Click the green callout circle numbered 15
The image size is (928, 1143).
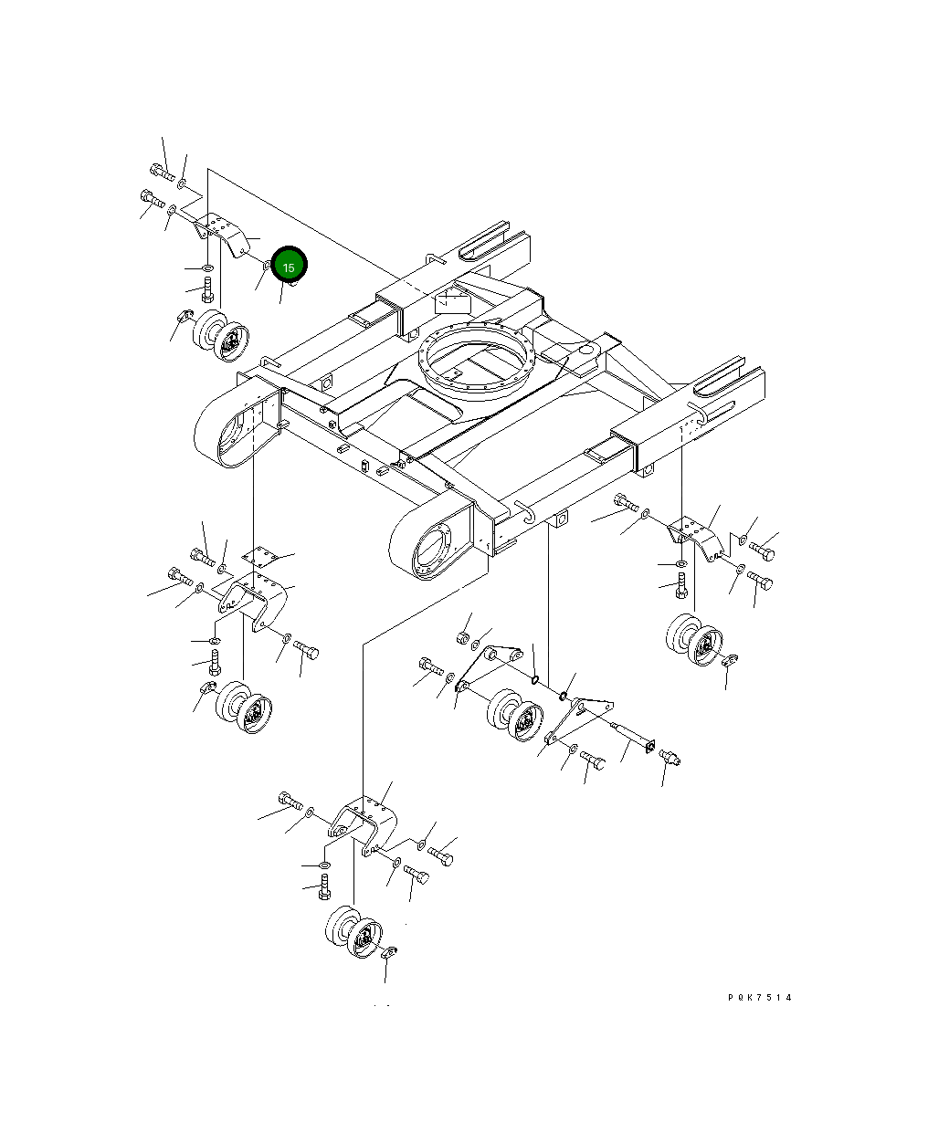[x=289, y=265]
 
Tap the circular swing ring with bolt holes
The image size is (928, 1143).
[x=476, y=360]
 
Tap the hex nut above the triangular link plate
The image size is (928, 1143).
[x=463, y=638]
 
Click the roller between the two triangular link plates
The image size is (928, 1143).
[x=515, y=714]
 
